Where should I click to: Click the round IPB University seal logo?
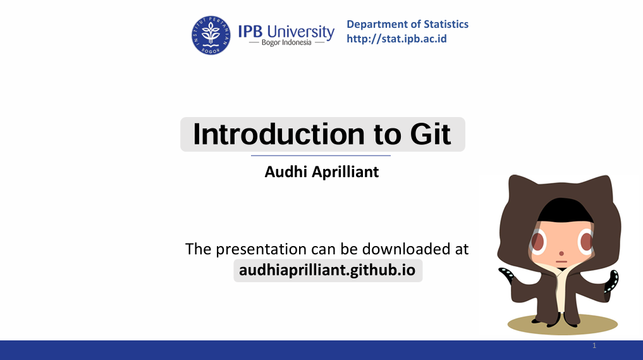tap(211, 35)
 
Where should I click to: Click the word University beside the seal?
tap(300, 32)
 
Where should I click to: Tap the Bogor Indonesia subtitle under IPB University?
tap(286, 42)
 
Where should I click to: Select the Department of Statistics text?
tap(407, 24)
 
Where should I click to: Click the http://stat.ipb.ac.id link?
tap(396, 39)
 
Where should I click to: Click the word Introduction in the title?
tap(279, 134)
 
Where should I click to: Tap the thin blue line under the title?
tap(321, 156)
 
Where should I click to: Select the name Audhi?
tap(286, 171)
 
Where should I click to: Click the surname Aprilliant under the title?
tap(345, 172)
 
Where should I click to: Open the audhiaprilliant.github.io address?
tap(328, 270)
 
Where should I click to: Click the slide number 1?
tap(594, 345)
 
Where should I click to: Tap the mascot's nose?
tap(561, 253)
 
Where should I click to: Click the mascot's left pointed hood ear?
tap(518, 185)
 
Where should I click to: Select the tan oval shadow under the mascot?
tap(562, 325)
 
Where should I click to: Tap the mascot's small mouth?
tap(561, 261)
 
